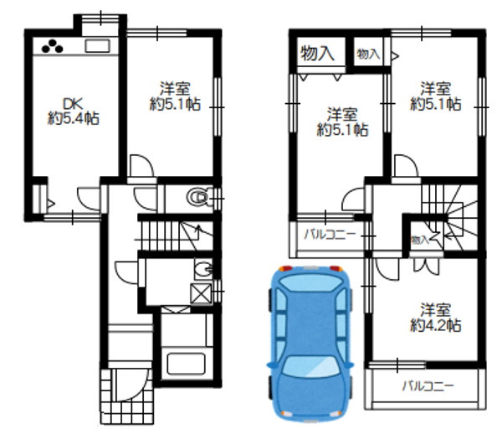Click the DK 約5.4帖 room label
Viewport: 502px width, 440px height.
coord(74,111)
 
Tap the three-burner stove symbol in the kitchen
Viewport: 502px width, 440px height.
coord(53,46)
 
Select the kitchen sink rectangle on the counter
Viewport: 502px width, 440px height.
coord(97,46)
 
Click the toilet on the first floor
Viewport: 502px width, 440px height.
coord(197,196)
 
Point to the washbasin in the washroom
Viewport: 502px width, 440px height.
coord(203,269)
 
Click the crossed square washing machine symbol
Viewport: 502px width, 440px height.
coord(201,293)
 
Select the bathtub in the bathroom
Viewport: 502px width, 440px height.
coord(186,364)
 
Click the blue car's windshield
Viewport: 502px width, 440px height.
coord(310,366)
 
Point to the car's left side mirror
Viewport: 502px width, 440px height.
coord(271,365)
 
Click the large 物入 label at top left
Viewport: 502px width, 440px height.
coord(317,54)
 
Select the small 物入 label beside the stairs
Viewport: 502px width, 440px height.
coord(419,240)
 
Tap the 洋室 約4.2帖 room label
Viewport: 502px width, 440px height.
coord(436,318)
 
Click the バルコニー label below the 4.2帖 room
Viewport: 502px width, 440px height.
coord(428,386)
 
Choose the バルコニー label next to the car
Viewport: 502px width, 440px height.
coord(330,235)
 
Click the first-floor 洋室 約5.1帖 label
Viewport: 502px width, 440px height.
coord(175,96)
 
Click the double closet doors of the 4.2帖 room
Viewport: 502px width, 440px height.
coord(427,265)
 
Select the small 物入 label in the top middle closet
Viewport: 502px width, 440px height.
coord(368,54)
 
